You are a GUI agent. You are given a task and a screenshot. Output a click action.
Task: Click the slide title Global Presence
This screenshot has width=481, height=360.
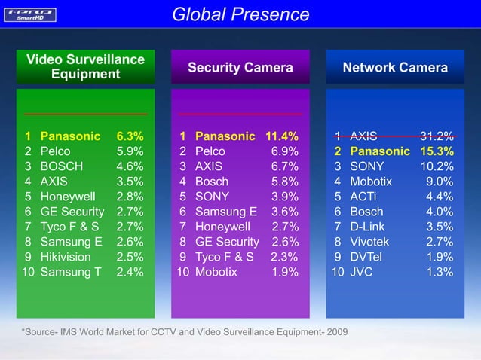coord(240,14)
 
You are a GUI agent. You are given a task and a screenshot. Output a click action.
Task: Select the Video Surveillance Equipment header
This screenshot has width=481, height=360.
coord(85,66)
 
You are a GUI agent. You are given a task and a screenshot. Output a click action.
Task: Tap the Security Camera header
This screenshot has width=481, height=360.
coord(240,68)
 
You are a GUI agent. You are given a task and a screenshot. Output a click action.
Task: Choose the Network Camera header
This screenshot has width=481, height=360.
coord(395,68)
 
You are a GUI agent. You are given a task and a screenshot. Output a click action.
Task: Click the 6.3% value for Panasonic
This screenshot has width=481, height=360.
coord(130,136)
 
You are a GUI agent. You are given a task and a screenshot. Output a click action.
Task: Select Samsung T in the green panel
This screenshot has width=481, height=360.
coord(70,272)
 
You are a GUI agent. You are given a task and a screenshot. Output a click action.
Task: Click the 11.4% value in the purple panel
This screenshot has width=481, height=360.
coord(281,136)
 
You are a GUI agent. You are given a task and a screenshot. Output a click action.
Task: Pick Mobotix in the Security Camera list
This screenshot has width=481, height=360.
coord(217,272)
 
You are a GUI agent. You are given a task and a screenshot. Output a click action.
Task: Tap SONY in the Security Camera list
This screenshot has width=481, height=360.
coord(213,197)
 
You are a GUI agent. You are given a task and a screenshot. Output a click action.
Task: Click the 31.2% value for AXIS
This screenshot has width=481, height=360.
coord(436,136)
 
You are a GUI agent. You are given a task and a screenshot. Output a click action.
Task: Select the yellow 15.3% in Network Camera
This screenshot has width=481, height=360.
coord(436,151)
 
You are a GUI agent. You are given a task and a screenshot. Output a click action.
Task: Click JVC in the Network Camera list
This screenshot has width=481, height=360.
coord(363,272)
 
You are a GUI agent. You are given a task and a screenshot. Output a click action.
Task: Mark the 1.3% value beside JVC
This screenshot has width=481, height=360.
coord(440,272)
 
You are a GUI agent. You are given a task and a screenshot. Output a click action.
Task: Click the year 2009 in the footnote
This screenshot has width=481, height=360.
coord(336,332)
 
